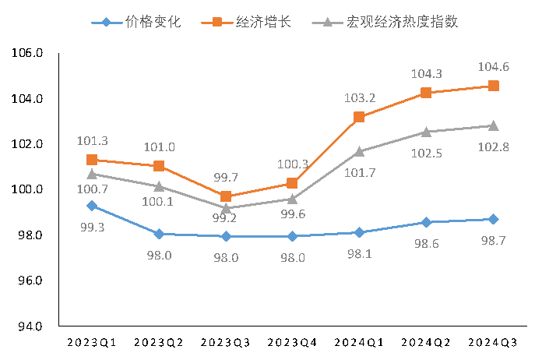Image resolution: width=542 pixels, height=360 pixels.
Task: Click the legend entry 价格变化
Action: (x=136, y=22)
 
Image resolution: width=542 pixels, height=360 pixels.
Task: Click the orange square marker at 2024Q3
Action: (x=493, y=86)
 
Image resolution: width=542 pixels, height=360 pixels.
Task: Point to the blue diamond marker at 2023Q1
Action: (x=92, y=206)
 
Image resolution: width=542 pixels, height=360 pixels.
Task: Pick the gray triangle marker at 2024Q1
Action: (x=359, y=151)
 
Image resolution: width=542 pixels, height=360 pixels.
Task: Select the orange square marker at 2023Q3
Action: (x=226, y=196)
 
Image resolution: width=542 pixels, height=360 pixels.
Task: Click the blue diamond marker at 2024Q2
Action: (x=426, y=222)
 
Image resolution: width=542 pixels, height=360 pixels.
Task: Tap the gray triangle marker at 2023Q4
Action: (x=292, y=199)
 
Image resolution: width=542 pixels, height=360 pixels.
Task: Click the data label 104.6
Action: (x=494, y=67)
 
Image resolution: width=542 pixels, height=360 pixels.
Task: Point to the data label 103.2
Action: (x=360, y=98)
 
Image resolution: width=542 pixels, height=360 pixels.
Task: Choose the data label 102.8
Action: (x=494, y=148)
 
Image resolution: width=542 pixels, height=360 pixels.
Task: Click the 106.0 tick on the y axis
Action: (x=29, y=54)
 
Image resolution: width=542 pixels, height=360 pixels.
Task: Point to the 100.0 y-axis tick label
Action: (x=29, y=189)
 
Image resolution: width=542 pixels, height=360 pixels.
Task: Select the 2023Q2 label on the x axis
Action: (x=159, y=343)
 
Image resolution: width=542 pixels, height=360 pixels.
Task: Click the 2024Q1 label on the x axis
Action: (x=359, y=343)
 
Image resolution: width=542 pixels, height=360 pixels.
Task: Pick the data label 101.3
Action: (x=93, y=141)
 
